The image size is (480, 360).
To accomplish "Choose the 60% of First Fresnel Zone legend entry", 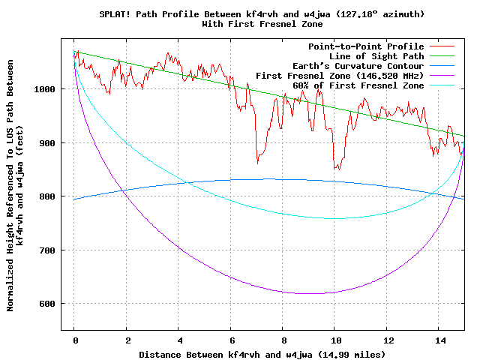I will click(x=350, y=85).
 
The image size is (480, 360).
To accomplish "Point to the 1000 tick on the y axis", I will click(x=45, y=89).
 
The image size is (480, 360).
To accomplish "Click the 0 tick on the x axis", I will click(x=75, y=340).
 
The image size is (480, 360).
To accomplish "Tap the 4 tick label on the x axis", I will click(x=178, y=340).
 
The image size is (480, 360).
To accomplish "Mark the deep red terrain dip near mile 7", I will click(x=258, y=160).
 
